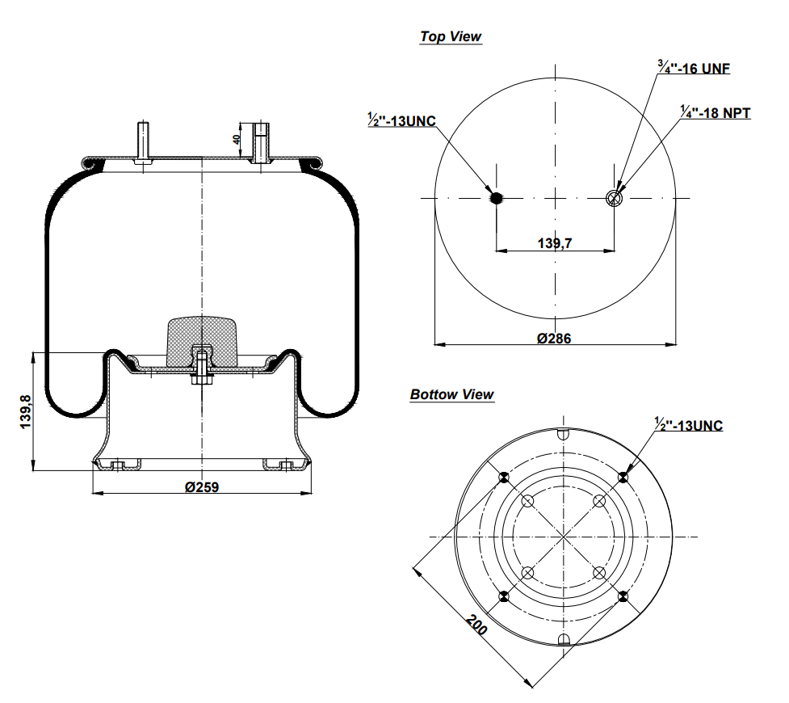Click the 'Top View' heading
451,36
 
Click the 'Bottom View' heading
451,394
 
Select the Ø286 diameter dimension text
554,338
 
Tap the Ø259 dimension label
202,486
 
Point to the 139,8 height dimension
25,411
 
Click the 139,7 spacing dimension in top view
555,242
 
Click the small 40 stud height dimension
237,139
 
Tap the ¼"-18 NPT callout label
715,113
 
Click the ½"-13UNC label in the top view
401,121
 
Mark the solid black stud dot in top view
497,197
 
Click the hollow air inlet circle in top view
615,198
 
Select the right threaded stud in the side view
260,142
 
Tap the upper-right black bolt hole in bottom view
623,478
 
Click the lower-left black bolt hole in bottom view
504,597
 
